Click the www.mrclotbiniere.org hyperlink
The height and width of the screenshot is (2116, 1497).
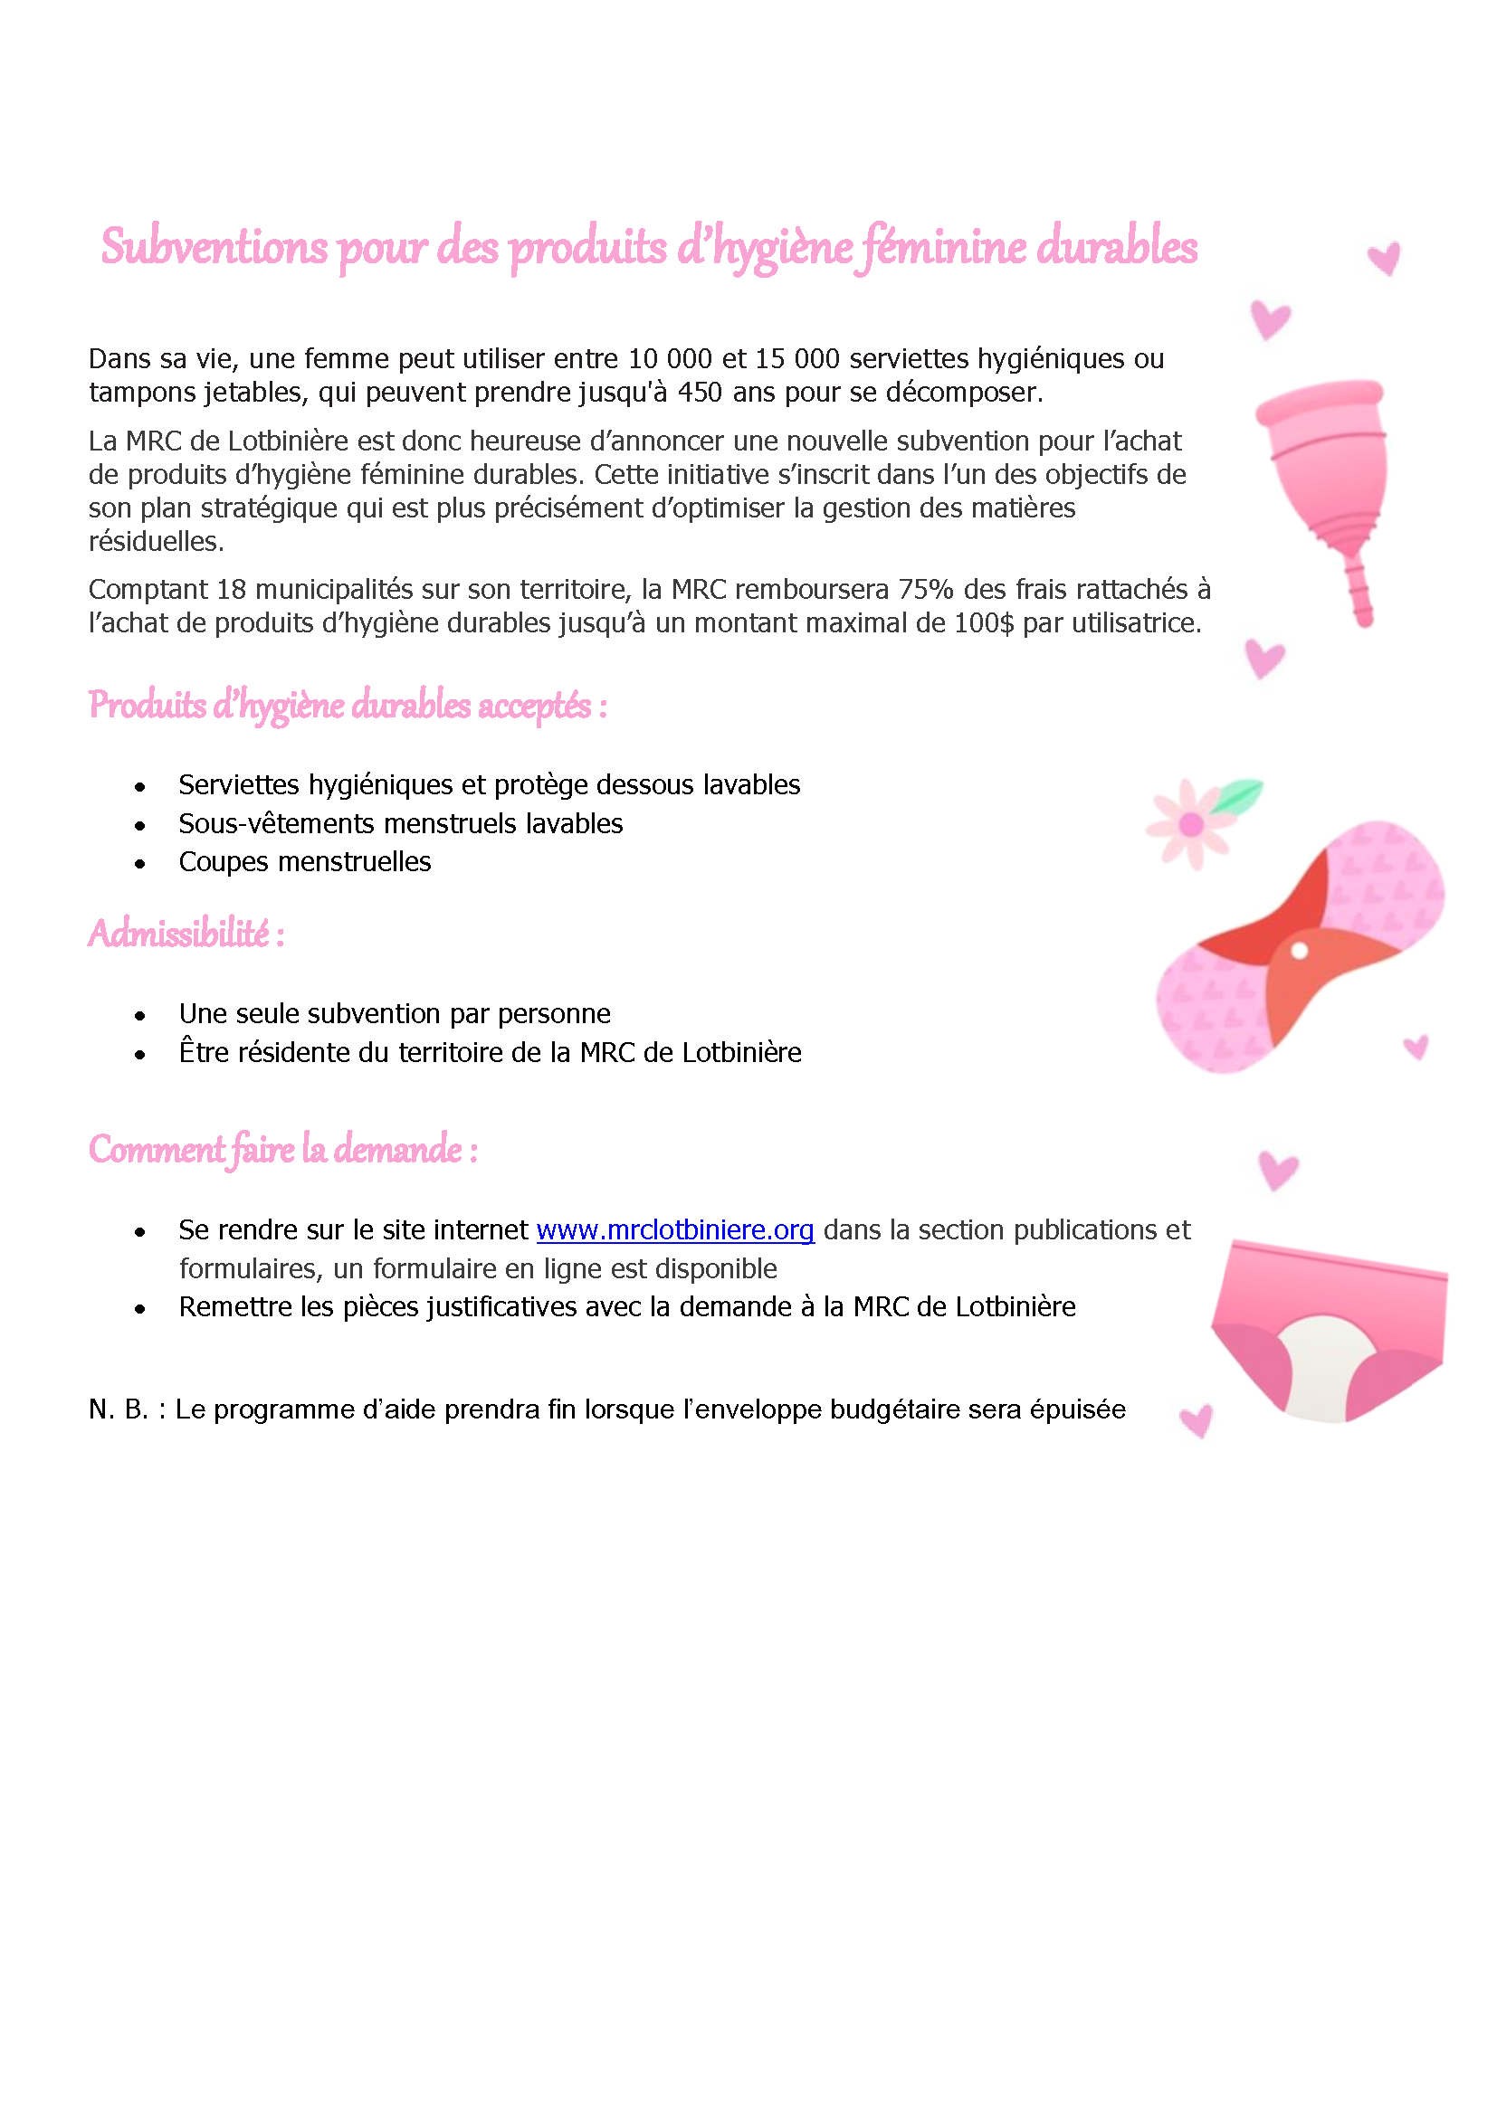point(675,1230)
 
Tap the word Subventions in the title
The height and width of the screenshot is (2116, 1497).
point(214,247)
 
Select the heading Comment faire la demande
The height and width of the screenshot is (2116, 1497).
point(282,1149)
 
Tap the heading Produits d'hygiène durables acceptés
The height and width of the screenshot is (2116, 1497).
point(347,705)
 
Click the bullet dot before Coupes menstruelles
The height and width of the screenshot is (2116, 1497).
point(140,864)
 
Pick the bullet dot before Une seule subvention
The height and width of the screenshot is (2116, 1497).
point(140,1016)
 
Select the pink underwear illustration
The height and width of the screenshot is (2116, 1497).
point(1329,1327)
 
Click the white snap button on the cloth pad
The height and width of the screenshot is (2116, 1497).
point(1300,950)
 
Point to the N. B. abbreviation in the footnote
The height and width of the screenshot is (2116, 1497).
point(118,1409)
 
